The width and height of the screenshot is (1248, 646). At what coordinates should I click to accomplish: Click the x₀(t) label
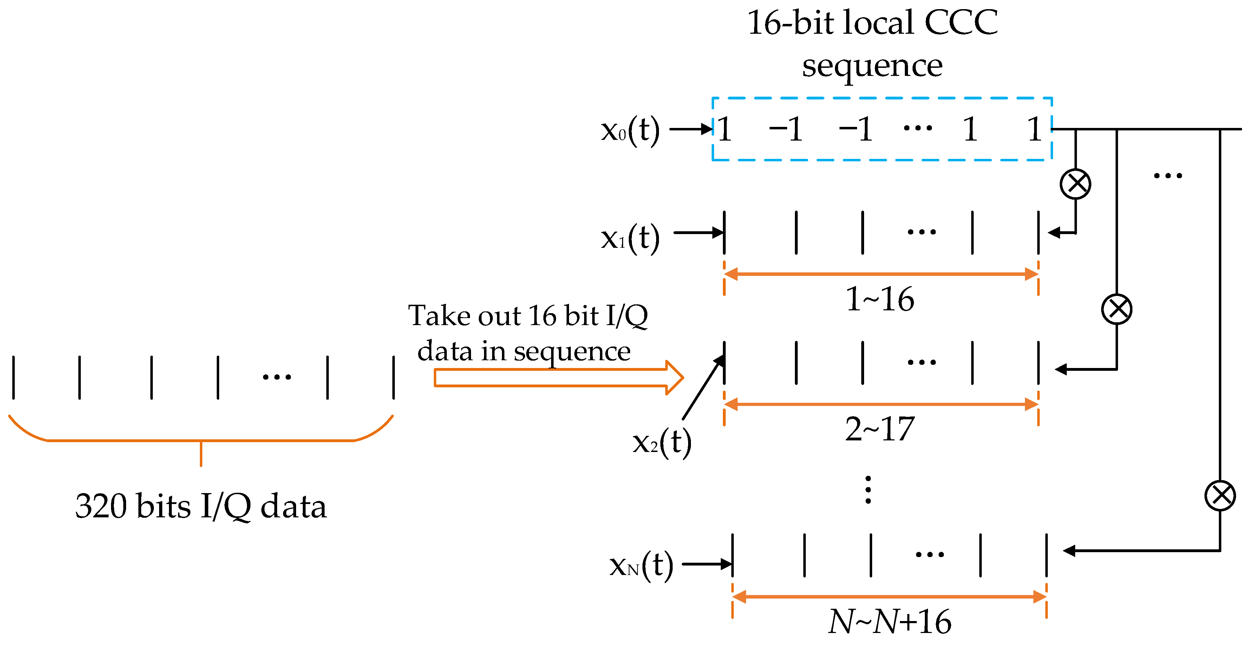(x=630, y=130)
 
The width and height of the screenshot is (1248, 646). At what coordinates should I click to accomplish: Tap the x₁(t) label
(x=630, y=238)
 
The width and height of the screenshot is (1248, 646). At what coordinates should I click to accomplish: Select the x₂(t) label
(x=662, y=442)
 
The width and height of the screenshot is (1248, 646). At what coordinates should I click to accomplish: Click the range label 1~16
(x=879, y=299)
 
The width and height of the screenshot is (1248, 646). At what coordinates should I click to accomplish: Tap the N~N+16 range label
(x=889, y=622)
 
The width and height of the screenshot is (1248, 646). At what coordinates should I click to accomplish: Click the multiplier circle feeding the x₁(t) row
(x=1075, y=184)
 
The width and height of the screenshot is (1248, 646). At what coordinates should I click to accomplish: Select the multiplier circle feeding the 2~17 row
(x=1117, y=309)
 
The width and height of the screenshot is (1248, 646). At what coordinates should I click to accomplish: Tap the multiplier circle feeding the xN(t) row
(x=1220, y=495)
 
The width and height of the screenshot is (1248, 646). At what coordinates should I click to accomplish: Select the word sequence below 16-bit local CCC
(x=872, y=65)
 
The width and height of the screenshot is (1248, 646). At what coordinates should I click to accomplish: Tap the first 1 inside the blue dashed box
(x=725, y=129)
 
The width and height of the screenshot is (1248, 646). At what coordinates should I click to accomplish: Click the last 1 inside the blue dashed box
(x=1035, y=129)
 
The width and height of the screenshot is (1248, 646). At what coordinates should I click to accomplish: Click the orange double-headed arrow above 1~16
(x=881, y=274)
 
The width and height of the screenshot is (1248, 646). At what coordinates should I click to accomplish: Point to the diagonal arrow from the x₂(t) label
(x=704, y=387)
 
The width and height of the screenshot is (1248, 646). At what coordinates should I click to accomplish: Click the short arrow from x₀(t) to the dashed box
(x=690, y=129)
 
